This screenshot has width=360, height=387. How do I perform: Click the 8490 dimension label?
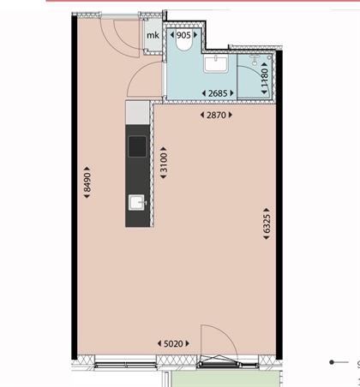pyautogui.click(x=87, y=182)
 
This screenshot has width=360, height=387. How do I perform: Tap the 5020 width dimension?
pyautogui.click(x=173, y=343)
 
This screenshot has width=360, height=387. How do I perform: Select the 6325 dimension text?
pyautogui.click(x=267, y=223)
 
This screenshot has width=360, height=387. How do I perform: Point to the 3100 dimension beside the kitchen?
pyautogui.click(x=164, y=163)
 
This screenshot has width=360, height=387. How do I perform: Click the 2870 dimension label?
pyautogui.click(x=216, y=115)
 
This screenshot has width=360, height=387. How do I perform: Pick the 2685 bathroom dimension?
pyautogui.click(x=218, y=93)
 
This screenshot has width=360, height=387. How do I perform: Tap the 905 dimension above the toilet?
pyautogui.click(x=183, y=35)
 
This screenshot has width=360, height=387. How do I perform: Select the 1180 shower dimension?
pyautogui.click(x=264, y=79)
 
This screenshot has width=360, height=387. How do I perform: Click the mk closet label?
pyautogui.click(x=153, y=35)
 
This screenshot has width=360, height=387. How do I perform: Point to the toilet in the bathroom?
pyautogui.click(x=183, y=45)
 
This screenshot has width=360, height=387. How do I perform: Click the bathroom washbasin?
pyautogui.click(x=216, y=64)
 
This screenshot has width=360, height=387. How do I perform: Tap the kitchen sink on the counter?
pyautogui.click(x=137, y=202)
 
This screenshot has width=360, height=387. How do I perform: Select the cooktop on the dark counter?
pyautogui.click(x=137, y=146)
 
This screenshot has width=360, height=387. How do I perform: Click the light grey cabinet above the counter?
pyautogui.click(x=137, y=113)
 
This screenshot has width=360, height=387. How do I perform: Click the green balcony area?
pyautogui.click(x=225, y=379)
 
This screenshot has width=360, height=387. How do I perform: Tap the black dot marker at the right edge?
pyautogui.click(x=332, y=362)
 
